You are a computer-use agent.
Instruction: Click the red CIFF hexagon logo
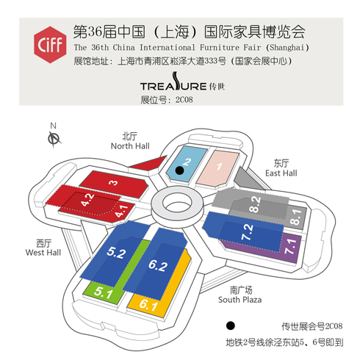50,45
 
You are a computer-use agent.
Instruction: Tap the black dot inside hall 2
180,170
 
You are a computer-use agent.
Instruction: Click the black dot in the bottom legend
230,325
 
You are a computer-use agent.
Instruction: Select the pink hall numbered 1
218,168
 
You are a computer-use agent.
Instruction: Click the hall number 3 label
113,183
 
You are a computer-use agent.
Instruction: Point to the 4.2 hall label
87,200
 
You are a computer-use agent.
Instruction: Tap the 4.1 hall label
122,212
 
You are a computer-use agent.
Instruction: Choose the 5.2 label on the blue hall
117,253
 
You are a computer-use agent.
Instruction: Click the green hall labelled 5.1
103,292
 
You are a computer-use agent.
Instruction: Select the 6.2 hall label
158,265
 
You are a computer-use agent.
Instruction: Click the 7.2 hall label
248,231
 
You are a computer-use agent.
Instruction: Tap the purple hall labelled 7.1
291,246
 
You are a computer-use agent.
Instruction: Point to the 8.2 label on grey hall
255,204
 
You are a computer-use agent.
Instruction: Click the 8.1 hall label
295,217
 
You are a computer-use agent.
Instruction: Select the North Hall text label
130,146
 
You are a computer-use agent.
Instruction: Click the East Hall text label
281,173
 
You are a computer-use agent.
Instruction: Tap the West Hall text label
43,253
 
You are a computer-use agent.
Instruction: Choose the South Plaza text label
240,300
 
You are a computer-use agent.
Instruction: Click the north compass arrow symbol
54,139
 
